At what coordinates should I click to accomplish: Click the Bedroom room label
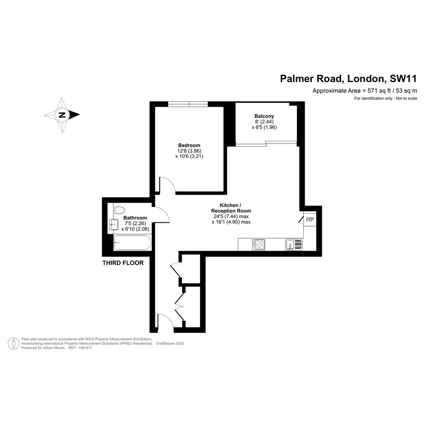189,145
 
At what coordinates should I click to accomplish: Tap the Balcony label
264,116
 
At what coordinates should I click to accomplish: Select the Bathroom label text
135,218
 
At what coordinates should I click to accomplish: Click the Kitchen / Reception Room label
231,208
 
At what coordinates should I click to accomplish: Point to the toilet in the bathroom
119,210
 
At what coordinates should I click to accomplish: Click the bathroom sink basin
114,224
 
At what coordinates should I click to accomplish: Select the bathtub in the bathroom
132,243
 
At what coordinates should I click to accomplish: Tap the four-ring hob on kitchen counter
259,245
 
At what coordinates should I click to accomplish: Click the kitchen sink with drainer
294,245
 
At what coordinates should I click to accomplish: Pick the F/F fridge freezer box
310,219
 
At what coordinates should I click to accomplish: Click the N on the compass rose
62,115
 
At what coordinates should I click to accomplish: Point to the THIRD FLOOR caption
123,263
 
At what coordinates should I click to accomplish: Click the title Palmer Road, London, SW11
349,79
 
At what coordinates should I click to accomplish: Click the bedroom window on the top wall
188,104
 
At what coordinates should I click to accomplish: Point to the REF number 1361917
84,348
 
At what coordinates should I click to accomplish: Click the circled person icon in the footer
13,343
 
